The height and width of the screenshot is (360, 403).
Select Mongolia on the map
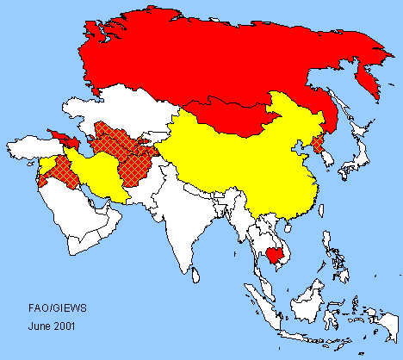point(228,116)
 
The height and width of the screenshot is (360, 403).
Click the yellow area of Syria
point(46,163)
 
